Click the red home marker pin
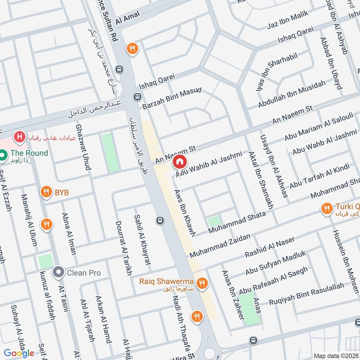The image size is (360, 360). (180, 161)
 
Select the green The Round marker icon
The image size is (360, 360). (3, 155)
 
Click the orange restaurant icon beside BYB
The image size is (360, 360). (46, 193)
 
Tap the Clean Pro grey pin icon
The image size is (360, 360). (58, 272)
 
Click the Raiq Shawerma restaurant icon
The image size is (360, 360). (202, 283)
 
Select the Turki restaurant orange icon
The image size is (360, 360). (326, 208)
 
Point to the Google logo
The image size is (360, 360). (19, 353)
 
